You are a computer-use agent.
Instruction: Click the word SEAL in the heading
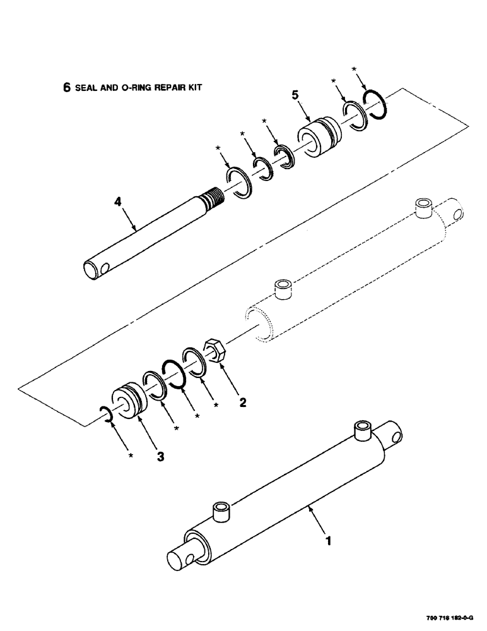point(86,90)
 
